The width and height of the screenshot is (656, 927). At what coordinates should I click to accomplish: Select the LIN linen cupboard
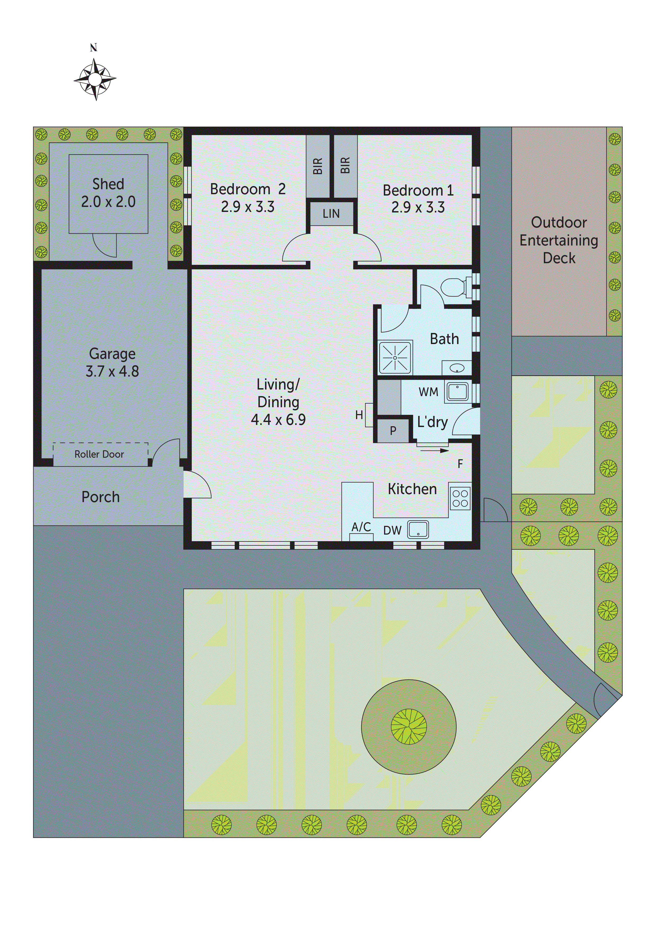331,214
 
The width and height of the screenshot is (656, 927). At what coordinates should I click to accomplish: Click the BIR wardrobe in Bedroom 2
318,166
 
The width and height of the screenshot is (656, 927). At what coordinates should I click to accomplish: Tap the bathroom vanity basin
457,368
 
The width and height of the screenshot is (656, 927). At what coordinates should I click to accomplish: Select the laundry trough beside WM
458,392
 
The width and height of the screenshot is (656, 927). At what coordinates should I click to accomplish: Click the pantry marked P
393,431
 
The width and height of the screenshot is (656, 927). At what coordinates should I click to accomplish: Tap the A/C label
361,527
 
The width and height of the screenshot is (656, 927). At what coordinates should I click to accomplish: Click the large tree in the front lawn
409,727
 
